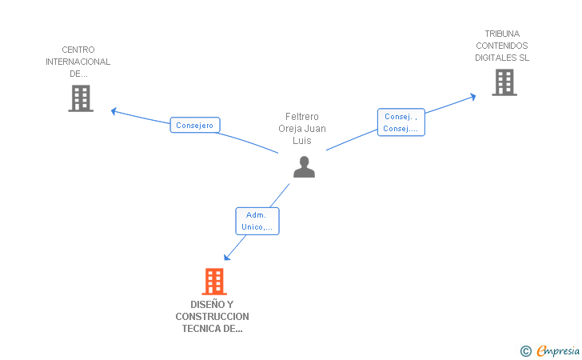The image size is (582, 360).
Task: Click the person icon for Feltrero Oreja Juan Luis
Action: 304,167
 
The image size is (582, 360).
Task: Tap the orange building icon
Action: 214,282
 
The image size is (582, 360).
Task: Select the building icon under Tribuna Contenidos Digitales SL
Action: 504,82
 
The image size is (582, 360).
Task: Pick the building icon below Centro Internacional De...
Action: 81,98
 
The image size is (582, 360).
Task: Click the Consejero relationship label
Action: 195,126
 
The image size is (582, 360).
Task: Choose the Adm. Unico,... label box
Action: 257,221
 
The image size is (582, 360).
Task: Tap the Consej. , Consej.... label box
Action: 401,122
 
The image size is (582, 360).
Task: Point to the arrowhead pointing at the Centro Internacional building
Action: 114,111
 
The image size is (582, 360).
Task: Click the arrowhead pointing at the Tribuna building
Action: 473,97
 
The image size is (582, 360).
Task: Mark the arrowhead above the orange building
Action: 227,257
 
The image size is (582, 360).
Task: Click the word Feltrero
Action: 301,117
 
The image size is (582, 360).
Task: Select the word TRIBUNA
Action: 502,34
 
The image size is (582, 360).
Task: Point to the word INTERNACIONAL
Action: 78,62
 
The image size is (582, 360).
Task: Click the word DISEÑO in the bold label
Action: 205,305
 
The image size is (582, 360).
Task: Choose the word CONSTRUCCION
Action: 213,317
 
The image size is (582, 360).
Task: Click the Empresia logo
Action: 558,350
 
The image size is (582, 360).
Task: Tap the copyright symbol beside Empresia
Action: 526,351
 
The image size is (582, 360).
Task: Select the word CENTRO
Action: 78,50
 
